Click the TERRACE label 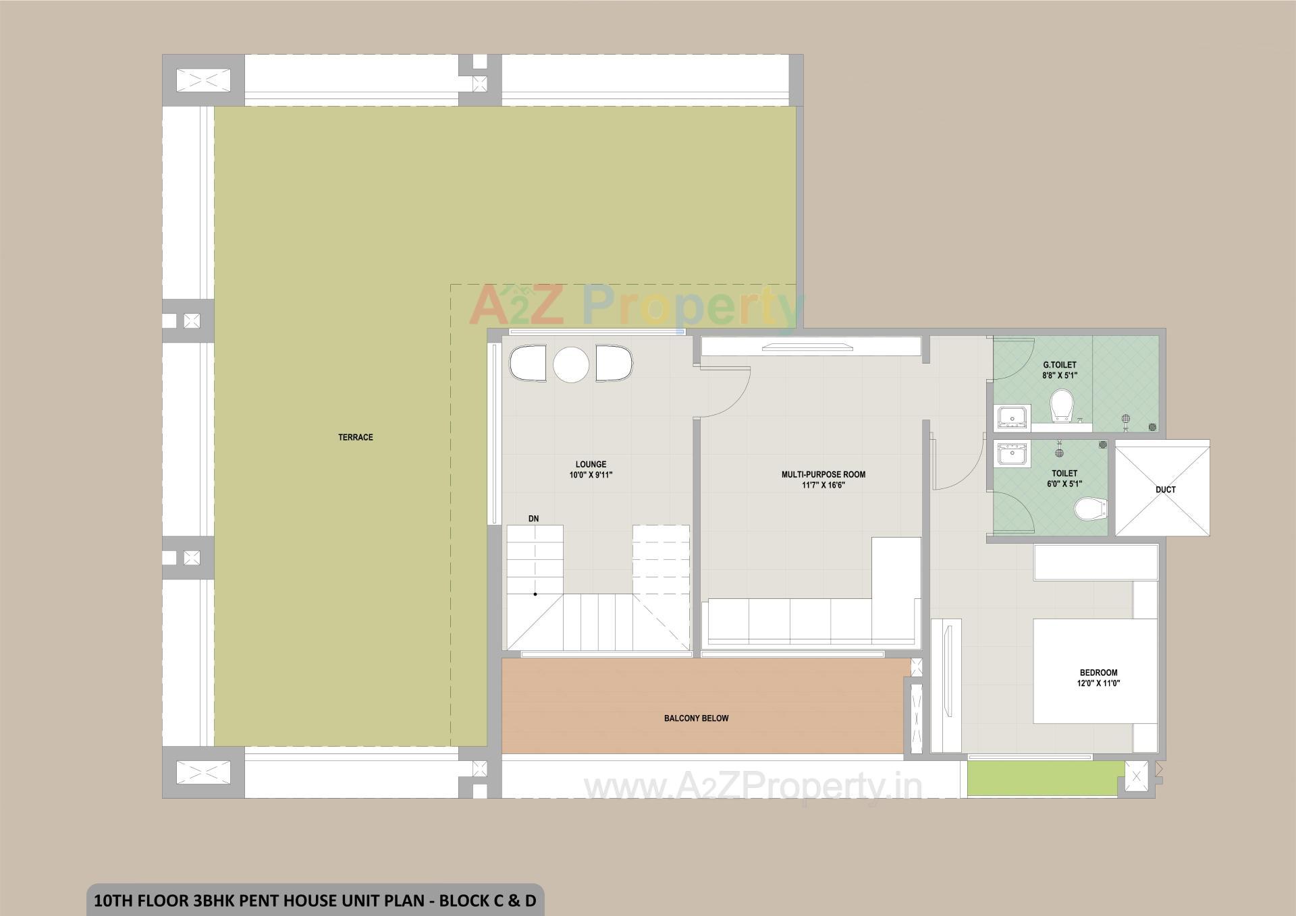point(355,437)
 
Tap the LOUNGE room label point(591,464)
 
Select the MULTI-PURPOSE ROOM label point(823,474)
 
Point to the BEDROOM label point(1098,672)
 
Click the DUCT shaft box point(1162,489)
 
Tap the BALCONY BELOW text point(696,718)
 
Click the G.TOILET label point(1059,365)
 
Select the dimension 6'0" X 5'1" point(1064,484)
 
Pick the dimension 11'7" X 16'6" point(823,485)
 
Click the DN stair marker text point(533,519)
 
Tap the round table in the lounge point(571,365)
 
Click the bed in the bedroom point(1095,671)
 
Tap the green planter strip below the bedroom point(1045,778)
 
